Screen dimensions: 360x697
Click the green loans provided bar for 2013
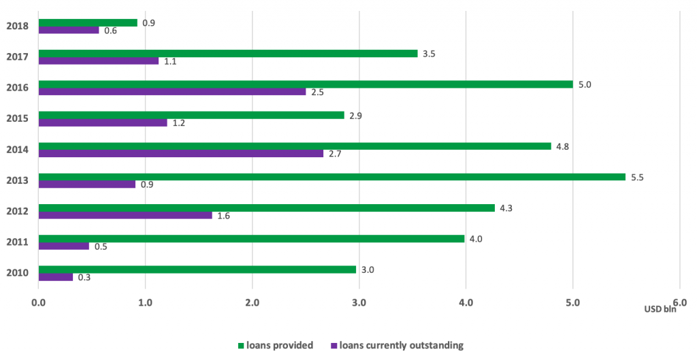pos(332,177)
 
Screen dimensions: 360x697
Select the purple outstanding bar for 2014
pos(181,153)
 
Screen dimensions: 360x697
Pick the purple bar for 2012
pos(125,215)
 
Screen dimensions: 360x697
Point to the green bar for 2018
pos(88,22)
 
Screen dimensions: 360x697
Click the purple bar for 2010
pos(56,277)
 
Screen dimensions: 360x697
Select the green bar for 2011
pos(252,239)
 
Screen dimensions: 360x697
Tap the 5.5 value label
pos(637,178)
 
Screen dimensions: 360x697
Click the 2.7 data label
pos(334,154)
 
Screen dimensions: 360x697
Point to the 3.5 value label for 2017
pos(429,53)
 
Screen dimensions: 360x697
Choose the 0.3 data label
pos(84,278)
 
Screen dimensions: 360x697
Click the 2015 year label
pos(17,118)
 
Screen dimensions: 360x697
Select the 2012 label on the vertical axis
pos(17,211)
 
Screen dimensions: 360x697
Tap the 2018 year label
pos(17,27)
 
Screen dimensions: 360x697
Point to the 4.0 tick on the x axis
pos(466,302)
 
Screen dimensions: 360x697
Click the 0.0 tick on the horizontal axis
pos(39,302)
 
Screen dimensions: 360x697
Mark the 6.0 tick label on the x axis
pos(679,302)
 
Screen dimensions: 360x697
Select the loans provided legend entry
pos(275,345)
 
